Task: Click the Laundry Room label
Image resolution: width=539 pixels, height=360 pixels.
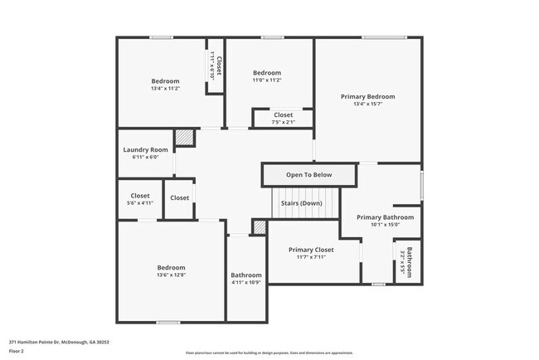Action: [x=145, y=150]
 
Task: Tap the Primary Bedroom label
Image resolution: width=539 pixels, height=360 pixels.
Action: [x=367, y=96]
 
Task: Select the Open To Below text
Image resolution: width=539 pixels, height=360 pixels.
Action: [x=308, y=175]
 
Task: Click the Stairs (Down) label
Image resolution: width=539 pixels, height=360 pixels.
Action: [x=302, y=202]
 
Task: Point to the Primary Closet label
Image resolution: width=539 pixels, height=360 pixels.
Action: [x=311, y=250]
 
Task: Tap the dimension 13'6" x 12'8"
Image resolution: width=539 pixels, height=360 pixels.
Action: [x=171, y=275]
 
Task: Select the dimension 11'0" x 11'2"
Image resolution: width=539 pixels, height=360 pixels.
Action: [x=266, y=80]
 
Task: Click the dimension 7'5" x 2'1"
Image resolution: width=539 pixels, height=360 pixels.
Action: [x=283, y=123]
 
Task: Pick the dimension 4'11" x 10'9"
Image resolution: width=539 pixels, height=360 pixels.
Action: [x=246, y=283]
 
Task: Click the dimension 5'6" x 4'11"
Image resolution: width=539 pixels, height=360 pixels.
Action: [x=140, y=202]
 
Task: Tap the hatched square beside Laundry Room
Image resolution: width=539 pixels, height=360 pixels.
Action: [x=183, y=138]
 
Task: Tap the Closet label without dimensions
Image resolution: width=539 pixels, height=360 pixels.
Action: [x=179, y=198]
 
